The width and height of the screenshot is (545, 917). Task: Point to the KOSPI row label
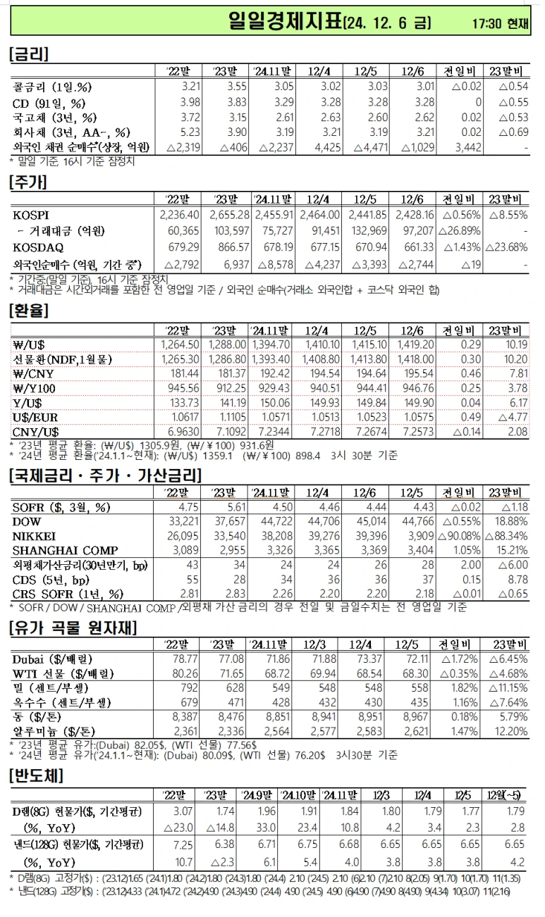tap(32, 215)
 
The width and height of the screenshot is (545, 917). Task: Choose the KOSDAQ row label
tap(37, 247)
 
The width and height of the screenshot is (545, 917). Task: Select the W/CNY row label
tap(32, 373)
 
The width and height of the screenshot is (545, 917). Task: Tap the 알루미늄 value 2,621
tap(421, 732)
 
